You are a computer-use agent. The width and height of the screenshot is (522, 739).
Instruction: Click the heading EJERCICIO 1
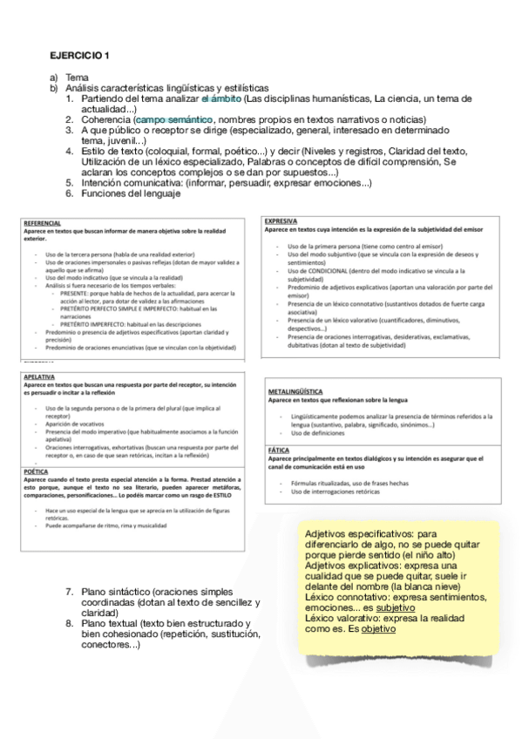click(79, 56)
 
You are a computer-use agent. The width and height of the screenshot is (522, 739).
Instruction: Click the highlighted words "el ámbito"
click(222, 98)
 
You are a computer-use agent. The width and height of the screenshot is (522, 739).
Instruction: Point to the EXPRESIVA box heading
click(281, 221)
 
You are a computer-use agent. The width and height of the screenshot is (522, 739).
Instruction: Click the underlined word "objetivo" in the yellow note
click(378, 628)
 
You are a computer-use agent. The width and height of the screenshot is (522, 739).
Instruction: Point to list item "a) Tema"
click(69, 78)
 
